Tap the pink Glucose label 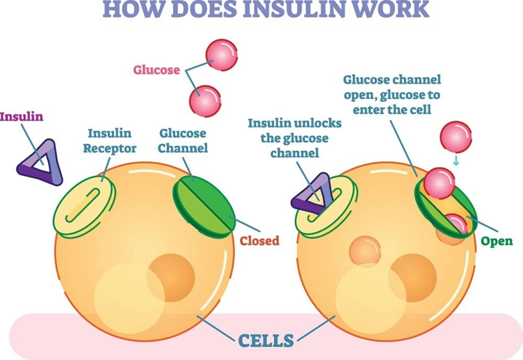pyautogui.click(x=156, y=70)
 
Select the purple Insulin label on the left pyautogui.click(x=22, y=116)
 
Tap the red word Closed pyautogui.click(x=259, y=241)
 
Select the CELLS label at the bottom pyautogui.click(x=267, y=340)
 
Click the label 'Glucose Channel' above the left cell pyautogui.click(x=183, y=141)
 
